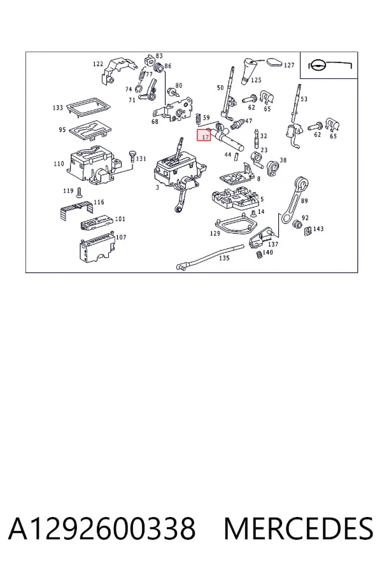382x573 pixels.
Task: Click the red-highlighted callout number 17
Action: (x=205, y=137)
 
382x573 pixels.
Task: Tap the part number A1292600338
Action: (x=102, y=528)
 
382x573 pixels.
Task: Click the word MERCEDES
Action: (x=299, y=528)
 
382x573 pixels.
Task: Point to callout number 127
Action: (x=289, y=66)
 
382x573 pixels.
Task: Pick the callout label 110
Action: (x=59, y=164)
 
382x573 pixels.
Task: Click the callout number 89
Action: (x=304, y=201)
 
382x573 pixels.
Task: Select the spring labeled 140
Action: (x=259, y=254)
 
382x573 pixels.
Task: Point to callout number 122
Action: (x=98, y=64)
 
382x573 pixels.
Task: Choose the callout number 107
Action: (x=121, y=237)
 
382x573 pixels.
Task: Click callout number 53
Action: (x=304, y=99)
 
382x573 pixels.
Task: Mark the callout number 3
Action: (x=157, y=187)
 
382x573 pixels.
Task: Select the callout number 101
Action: (x=120, y=219)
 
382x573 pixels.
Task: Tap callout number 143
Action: (x=318, y=229)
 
